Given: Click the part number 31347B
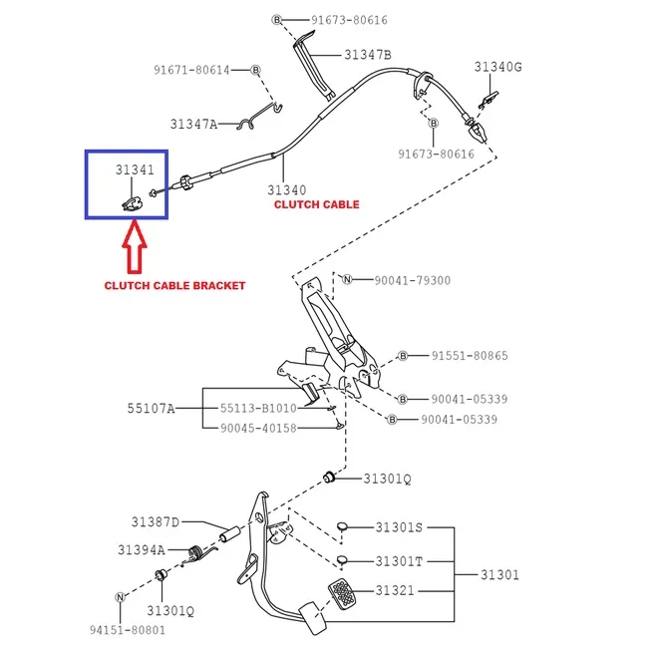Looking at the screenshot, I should click(x=368, y=55).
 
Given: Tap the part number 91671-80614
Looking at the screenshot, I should click(x=191, y=70).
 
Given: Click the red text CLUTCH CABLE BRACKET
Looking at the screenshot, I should click(x=174, y=285).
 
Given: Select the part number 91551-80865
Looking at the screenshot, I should click(x=470, y=356).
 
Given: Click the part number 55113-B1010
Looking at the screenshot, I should click(x=258, y=409).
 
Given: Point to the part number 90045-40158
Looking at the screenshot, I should click(x=258, y=428).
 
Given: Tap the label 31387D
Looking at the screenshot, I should click(x=155, y=521).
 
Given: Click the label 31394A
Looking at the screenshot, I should click(x=141, y=549).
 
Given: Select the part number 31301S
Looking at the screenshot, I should click(x=399, y=527).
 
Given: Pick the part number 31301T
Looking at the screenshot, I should click(x=399, y=561).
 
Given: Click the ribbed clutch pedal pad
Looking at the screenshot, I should click(x=342, y=595).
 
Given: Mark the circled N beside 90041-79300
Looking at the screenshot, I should click(x=348, y=280).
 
